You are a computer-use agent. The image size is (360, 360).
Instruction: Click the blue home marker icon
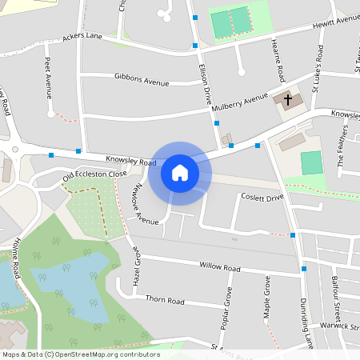click(180, 173)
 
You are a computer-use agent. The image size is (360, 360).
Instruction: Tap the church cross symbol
click(288, 99)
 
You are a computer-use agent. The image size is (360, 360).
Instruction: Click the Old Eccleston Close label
click(95, 175)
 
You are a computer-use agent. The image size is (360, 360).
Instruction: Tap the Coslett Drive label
click(262, 197)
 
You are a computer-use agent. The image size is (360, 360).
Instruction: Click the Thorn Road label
click(165, 301)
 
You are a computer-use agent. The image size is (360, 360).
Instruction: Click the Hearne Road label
click(278, 61)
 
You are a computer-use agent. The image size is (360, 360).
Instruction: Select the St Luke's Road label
click(318, 66)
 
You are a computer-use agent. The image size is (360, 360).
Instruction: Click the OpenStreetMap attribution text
click(80, 354)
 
